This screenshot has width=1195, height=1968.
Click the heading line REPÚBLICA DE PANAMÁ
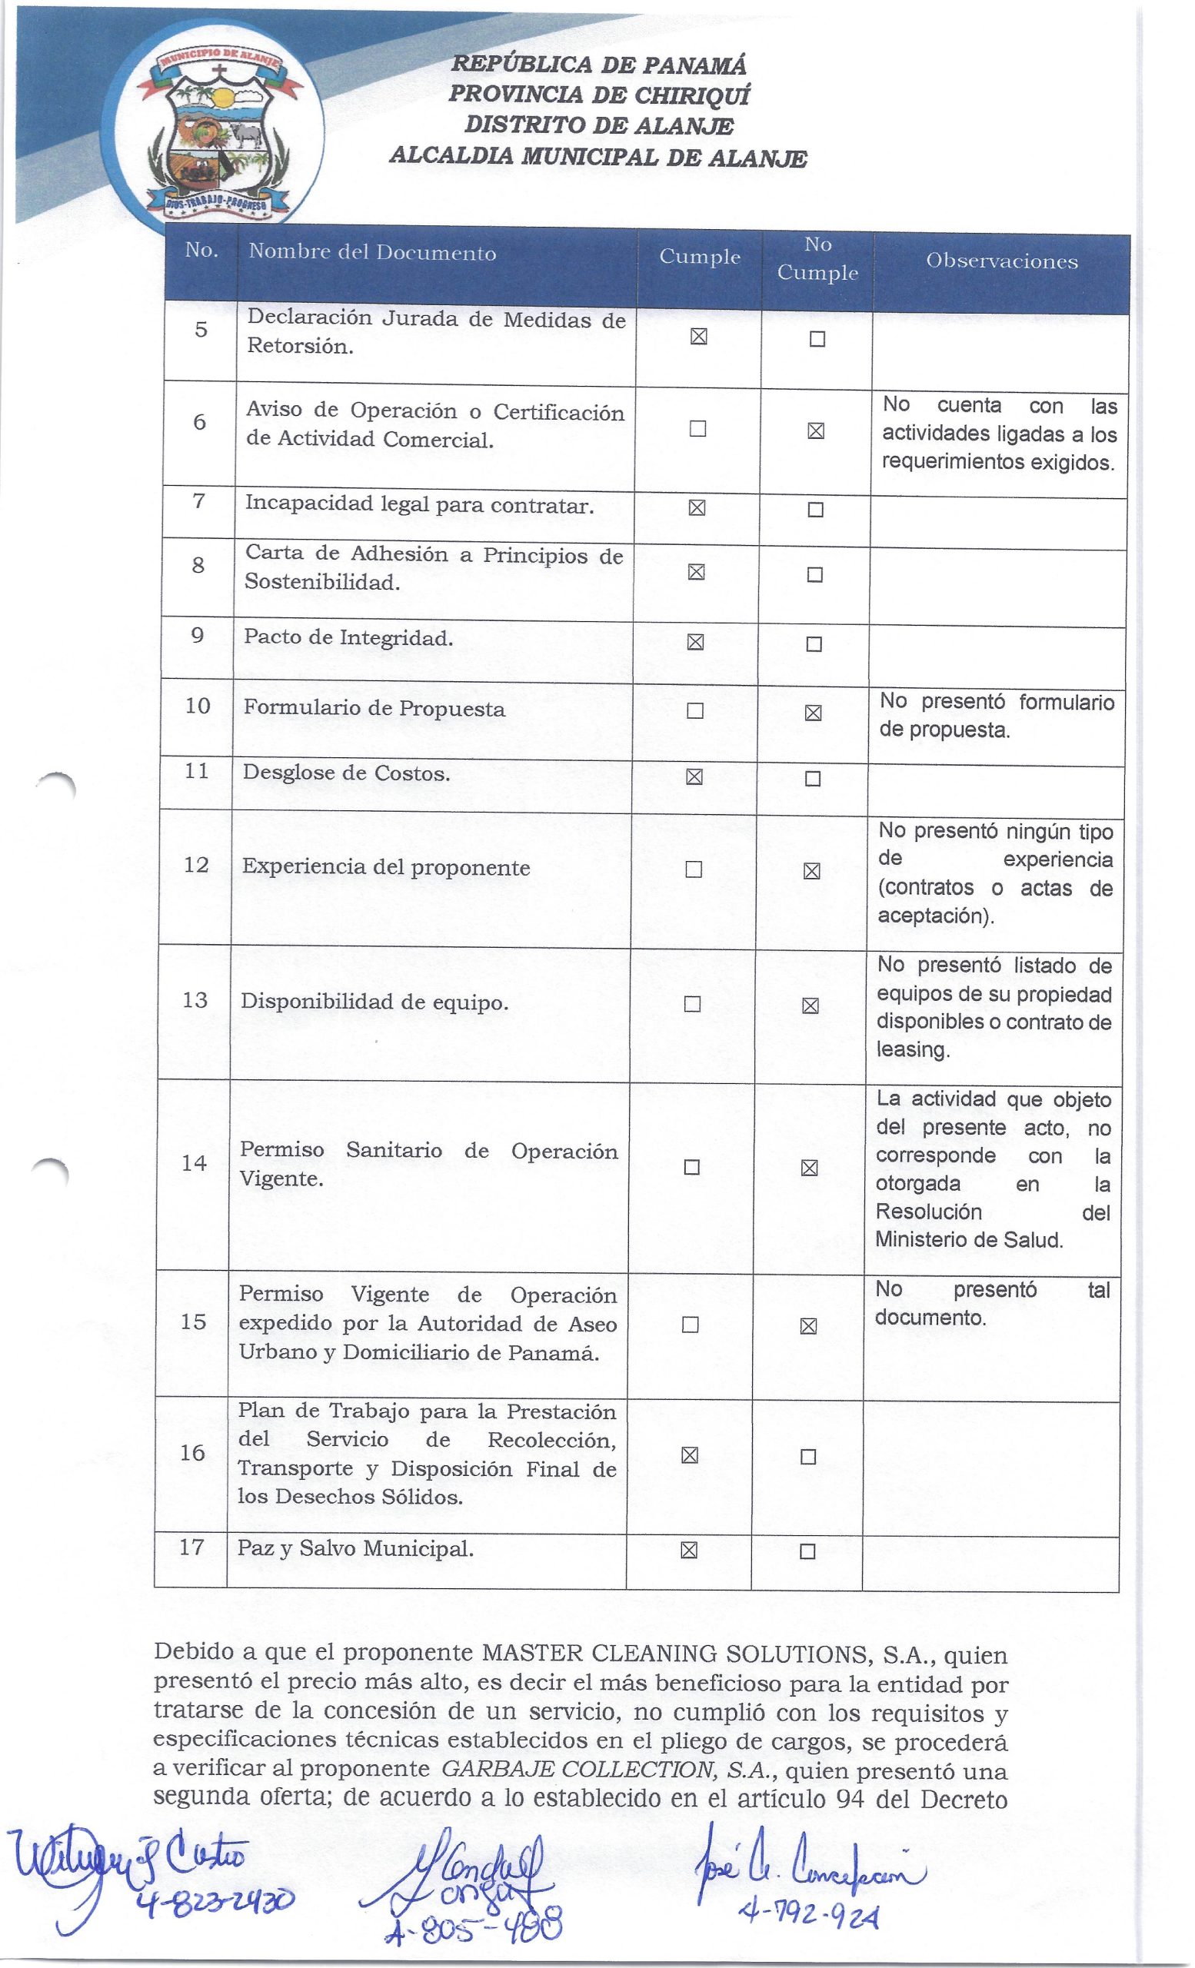599,65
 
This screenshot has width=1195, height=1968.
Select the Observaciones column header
1002,261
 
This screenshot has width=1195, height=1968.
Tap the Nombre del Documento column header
372,253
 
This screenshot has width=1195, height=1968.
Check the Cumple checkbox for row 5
698,337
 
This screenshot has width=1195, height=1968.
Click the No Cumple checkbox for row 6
816,431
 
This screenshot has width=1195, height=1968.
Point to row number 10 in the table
198,706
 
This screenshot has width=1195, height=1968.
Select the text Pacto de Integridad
348,638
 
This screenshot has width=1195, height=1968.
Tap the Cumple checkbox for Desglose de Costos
694,777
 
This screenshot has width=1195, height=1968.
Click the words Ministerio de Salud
969,1241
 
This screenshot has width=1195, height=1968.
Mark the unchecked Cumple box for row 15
690,1325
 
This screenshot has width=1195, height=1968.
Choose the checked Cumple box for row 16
689,1456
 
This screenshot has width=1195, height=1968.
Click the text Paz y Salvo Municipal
355,1549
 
